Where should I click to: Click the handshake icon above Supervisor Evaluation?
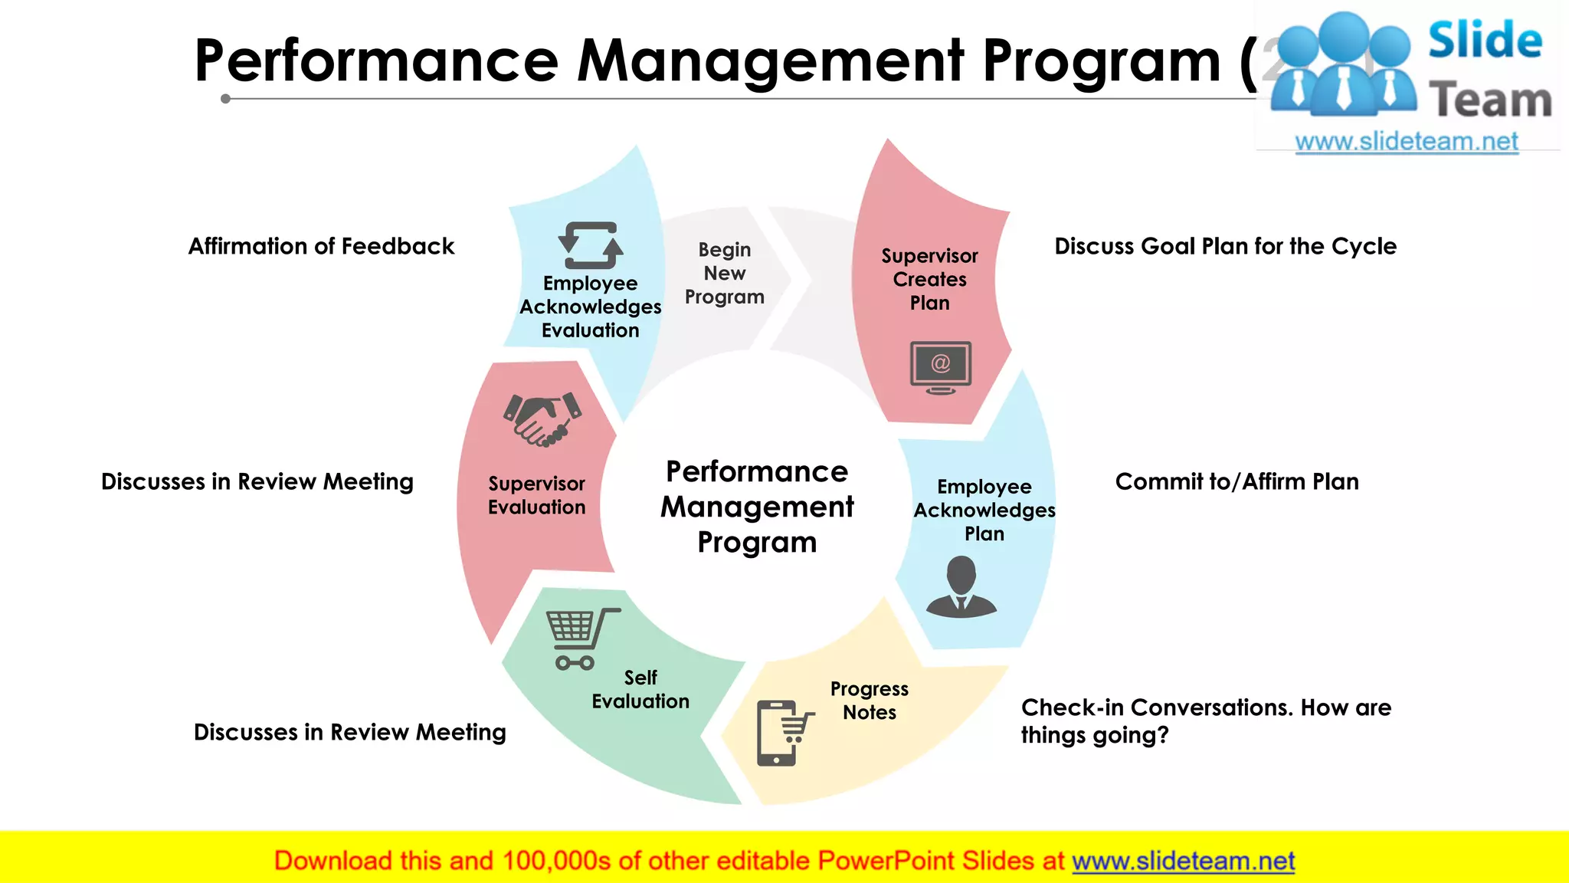pyautogui.click(x=542, y=419)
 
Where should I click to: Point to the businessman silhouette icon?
pyautogui.click(x=961, y=586)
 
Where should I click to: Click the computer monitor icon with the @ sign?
pyautogui.click(x=941, y=367)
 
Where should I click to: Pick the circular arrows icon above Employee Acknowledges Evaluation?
pyautogui.click(x=591, y=245)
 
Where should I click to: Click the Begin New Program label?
pyautogui.click(x=724, y=274)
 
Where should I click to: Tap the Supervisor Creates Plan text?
pyautogui.click(x=929, y=279)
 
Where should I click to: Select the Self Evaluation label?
pyautogui.click(x=640, y=689)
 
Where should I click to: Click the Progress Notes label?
pyautogui.click(x=870, y=701)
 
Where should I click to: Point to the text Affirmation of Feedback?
pyautogui.click(x=321, y=246)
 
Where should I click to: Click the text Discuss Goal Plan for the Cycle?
pyautogui.click(x=1225, y=246)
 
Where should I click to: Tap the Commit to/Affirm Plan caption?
pyautogui.click(x=1237, y=481)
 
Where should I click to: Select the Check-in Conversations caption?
pyautogui.click(x=1206, y=721)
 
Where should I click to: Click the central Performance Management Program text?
pyautogui.click(x=757, y=507)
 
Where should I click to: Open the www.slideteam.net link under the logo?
pyautogui.click(x=1407, y=142)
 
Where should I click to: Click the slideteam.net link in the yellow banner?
pyautogui.click(x=1183, y=861)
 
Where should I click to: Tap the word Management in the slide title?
pyautogui.click(x=770, y=61)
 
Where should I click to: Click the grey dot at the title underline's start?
pyautogui.click(x=225, y=99)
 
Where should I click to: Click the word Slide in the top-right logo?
pyautogui.click(x=1485, y=41)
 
